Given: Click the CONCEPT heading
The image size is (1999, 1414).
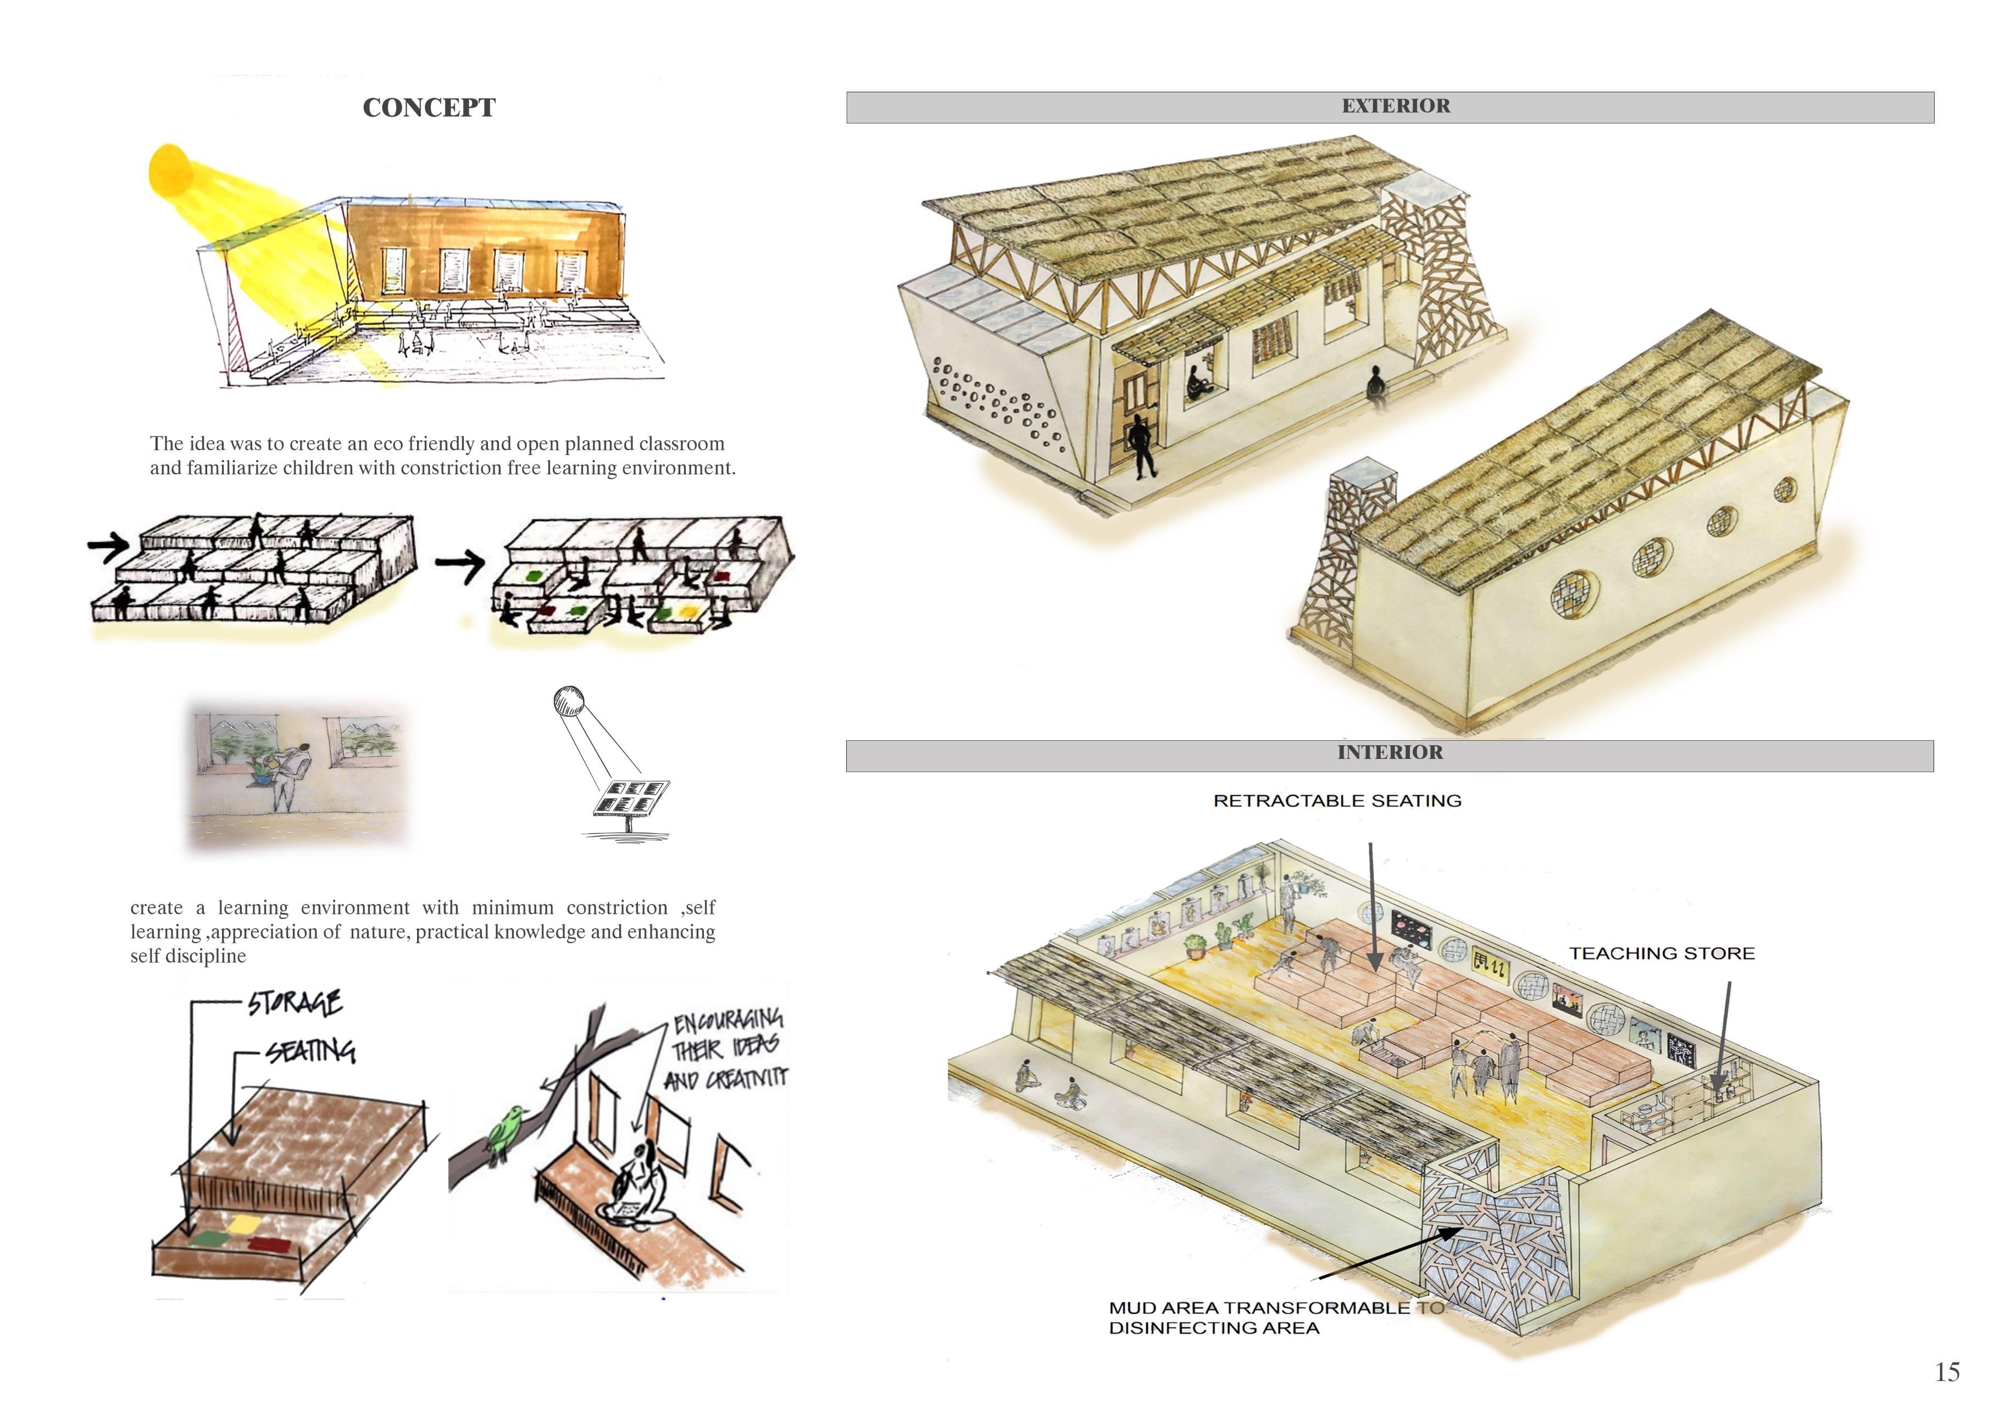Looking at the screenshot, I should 429,107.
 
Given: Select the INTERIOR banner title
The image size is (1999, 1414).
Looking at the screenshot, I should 1390,752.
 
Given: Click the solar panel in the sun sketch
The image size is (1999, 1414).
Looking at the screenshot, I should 632,797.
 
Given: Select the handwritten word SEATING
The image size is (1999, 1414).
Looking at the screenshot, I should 311,1051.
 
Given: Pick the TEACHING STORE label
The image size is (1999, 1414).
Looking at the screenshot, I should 1661,953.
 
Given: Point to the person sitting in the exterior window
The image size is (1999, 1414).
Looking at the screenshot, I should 1196,383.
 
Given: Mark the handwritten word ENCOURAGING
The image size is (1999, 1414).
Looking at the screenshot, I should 728,1019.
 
